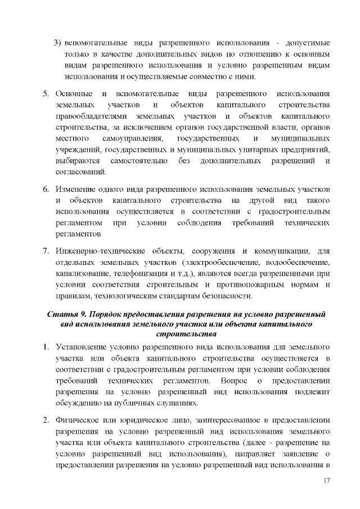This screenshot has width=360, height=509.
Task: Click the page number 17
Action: click(326, 480)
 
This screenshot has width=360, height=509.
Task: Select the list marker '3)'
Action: click(57, 43)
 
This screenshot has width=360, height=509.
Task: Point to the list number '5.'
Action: click(47, 93)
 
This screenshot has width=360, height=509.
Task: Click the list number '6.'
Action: click(47, 187)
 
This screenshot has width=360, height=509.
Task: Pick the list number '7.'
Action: click(47, 250)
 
